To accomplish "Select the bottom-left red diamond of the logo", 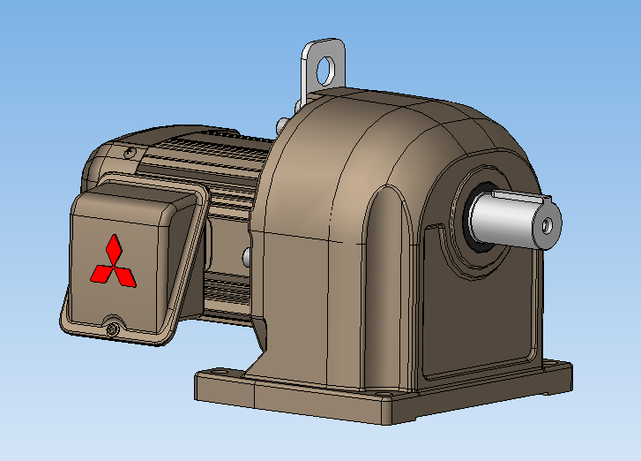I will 102,274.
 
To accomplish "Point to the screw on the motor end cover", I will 130,154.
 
